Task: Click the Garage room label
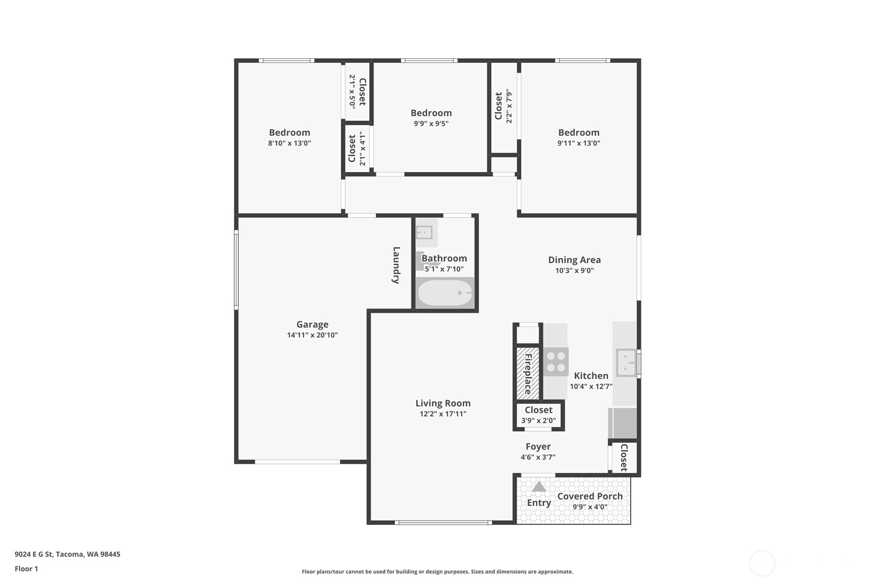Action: [x=312, y=324]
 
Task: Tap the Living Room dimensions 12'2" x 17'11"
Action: [x=443, y=414]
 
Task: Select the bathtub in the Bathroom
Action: [x=445, y=293]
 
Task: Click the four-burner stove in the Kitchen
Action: [x=556, y=362]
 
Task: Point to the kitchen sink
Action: [x=626, y=363]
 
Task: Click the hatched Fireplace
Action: [x=528, y=373]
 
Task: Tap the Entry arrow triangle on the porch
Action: [x=539, y=487]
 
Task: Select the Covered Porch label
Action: [x=590, y=496]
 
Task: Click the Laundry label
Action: [x=396, y=265]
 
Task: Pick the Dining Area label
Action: [x=574, y=260]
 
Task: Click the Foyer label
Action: [x=538, y=446]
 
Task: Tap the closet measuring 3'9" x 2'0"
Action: [x=538, y=415]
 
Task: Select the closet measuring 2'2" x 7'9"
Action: [x=504, y=107]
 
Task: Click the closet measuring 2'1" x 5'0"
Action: [x=357, y=91]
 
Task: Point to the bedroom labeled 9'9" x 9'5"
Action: [x=431, y=118]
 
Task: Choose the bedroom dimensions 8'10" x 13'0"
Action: [x=289, y=143]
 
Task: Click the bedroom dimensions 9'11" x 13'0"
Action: [x=579, y=143]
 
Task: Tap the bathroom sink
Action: [x=424, y=232]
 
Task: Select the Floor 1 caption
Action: [x=27, y=569]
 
